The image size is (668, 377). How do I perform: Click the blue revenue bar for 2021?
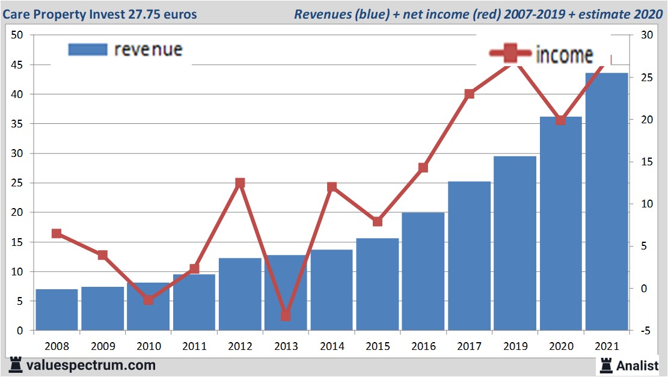[607, 201]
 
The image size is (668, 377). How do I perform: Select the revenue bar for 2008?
[57, 310]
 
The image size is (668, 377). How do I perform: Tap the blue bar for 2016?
[423, 271]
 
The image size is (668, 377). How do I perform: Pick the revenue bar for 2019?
[515, 243]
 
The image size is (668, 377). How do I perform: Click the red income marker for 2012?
[240, 183]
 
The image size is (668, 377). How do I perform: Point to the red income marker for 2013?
[286, 316]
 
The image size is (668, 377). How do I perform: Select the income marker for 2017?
[470, 94]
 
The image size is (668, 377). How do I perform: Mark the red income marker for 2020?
[561, 120]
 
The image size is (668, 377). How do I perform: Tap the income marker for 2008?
[57, 233]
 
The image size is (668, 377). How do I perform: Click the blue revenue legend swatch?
[88, 49]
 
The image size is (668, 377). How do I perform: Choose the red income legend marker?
[510, 54]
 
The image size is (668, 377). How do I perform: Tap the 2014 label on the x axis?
[331, 347]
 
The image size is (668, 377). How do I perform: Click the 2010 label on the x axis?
[149, 347]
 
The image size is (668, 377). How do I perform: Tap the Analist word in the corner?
[637, 365]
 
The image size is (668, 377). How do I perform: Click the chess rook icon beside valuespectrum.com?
[15, 365]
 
